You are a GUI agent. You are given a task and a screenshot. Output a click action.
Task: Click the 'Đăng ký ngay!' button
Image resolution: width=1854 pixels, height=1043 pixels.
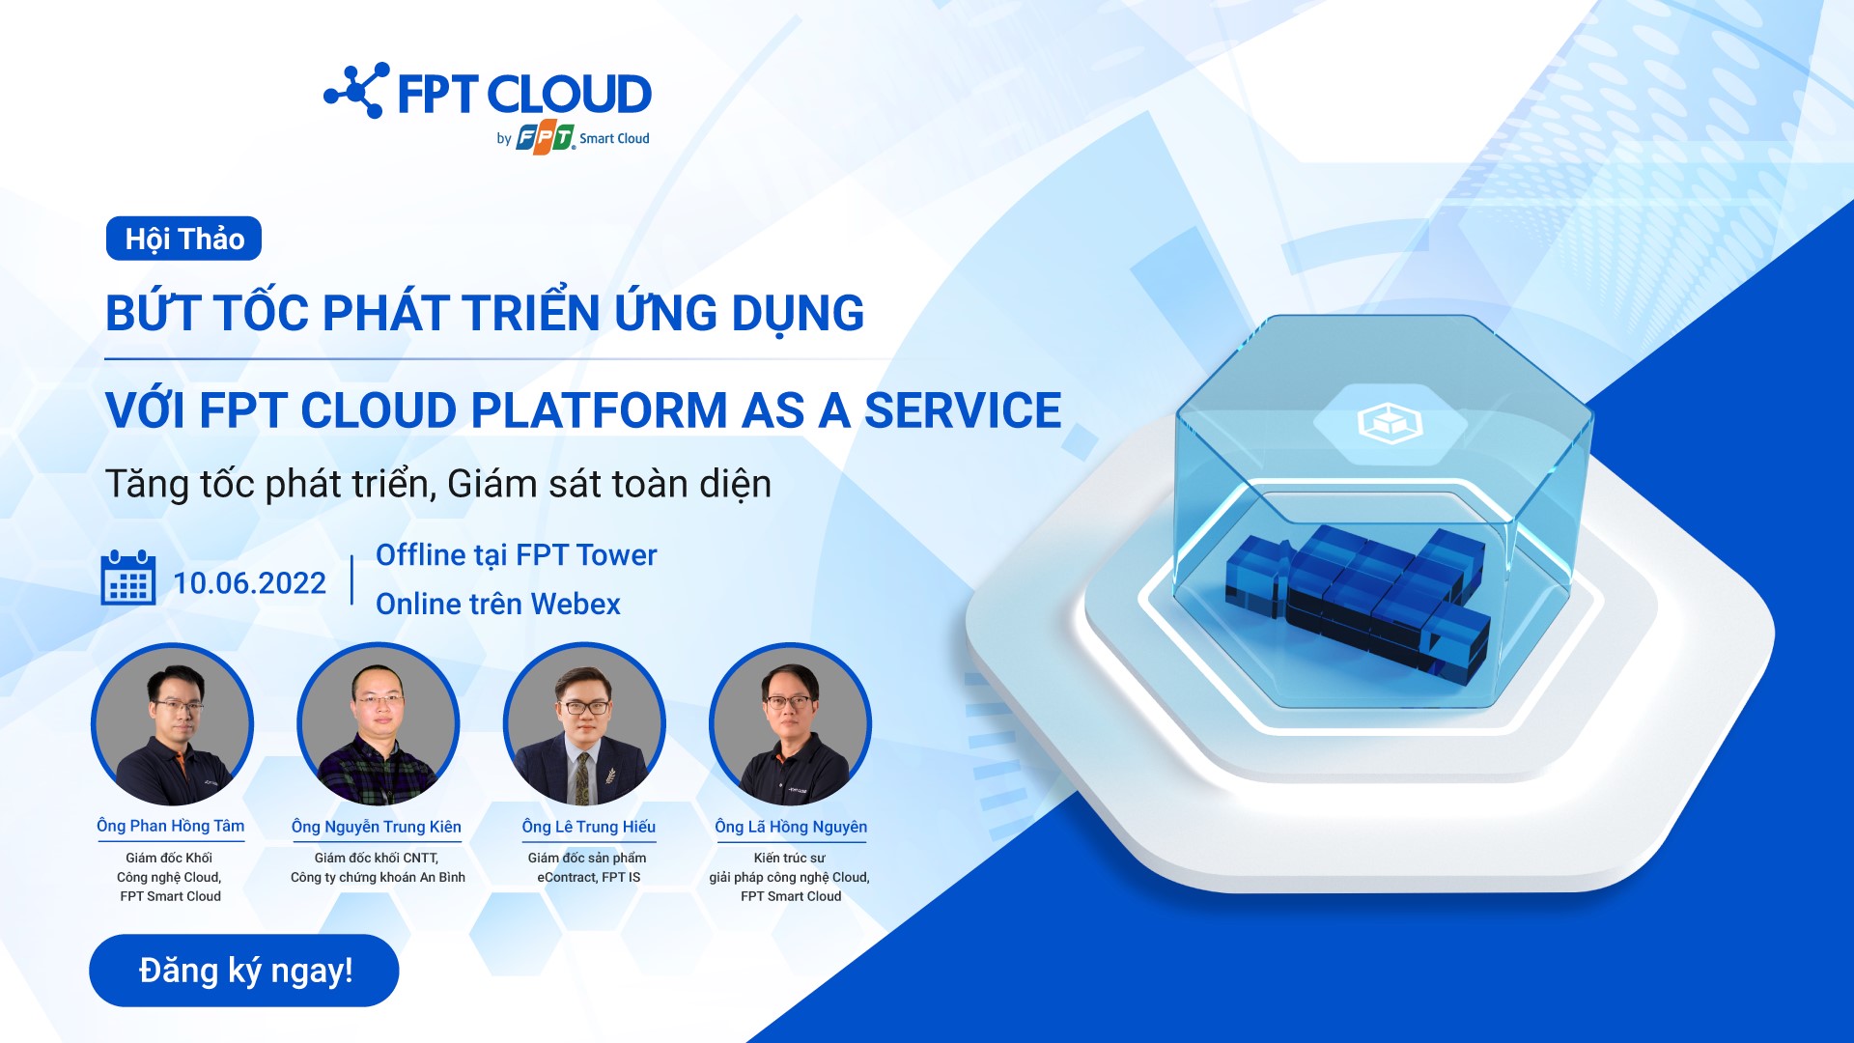point(243,970)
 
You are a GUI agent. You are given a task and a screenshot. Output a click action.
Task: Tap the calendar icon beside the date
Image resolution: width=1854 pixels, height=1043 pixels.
point(128,578)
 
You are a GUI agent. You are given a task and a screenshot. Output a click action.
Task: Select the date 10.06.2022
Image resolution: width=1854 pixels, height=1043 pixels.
point(249,583)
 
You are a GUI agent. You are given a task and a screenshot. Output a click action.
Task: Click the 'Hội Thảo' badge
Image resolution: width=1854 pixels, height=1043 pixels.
point(183,239)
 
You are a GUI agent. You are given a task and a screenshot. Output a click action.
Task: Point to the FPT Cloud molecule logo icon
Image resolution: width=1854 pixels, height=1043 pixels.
point(357,91)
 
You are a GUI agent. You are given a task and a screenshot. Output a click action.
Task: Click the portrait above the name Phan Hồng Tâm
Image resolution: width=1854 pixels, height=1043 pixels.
point(172,724)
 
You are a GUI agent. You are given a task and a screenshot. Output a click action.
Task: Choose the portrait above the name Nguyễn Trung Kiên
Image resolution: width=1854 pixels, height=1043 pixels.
point(378,724)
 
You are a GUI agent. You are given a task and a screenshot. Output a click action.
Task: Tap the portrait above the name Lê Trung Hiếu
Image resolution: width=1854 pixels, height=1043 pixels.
point(584,724)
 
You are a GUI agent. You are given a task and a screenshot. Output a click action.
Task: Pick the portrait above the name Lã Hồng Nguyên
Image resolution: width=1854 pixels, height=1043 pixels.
point(790,724)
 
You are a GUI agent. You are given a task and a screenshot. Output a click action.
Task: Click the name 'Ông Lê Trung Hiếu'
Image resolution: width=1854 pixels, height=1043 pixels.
point(588,827)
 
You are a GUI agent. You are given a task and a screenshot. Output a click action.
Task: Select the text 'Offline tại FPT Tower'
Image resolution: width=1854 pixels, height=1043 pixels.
point(516,555)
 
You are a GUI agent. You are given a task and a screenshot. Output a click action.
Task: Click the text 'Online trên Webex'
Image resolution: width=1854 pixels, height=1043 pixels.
point(497,604)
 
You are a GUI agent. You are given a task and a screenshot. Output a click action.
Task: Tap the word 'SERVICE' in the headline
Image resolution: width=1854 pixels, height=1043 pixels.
point(962,410)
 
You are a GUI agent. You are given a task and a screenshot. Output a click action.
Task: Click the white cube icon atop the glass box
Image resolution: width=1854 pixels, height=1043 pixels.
point(1390,422)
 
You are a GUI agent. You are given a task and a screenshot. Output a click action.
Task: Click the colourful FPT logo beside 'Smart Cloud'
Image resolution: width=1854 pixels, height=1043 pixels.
point(546,139)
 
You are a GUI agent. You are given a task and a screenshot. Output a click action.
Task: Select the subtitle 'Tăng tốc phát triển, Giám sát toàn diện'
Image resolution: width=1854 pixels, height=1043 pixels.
point(438,484)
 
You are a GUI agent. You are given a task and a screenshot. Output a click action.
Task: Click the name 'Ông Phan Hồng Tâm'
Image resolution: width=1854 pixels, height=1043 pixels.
point(170,826)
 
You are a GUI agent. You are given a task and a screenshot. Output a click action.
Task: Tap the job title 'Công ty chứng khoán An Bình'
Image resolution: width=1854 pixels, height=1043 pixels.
point(378,877)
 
